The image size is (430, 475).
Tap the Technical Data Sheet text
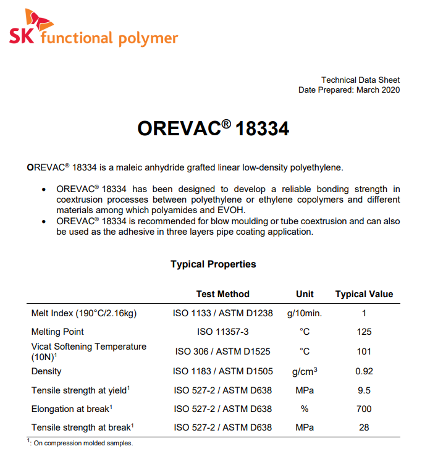point(360,80)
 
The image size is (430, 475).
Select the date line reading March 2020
point(349,90)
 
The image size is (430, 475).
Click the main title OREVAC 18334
point(213,129)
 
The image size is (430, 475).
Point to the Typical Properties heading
point(213,264)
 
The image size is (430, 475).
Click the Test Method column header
point(223,294)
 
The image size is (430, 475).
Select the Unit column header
point(305,294)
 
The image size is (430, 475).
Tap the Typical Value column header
point(364,294)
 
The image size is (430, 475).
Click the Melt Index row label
point(84,313)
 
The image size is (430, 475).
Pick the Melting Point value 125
point(364,332)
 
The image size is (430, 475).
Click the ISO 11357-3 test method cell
point(223,332)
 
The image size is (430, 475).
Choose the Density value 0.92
point(364,371)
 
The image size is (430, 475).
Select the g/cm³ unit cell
point(305,371)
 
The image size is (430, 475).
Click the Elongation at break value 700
point(364,408)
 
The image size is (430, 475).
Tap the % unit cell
point(305,408)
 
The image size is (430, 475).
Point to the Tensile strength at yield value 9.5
point(364,390)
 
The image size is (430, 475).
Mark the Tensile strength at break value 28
point(364,427)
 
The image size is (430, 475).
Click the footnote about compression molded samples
point(80,443)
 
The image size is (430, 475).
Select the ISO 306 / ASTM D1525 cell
point(223,351)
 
